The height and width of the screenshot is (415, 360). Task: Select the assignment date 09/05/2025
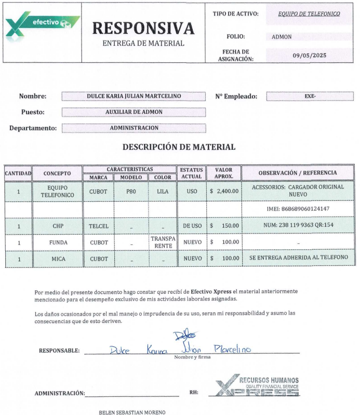tap(309, 55)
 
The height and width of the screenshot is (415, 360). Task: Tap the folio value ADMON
tap(282, 37)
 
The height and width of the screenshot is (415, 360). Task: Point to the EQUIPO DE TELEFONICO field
tap(309, 14)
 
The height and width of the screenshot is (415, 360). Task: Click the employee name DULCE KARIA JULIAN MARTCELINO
tap(134, 96)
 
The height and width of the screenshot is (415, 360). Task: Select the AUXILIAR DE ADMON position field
tap(134, 112)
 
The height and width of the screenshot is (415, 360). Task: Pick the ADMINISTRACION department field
tap(134, 128)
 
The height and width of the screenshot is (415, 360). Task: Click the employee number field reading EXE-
tap(310, 96)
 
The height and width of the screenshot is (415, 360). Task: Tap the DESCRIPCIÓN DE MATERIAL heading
tap(179, 147)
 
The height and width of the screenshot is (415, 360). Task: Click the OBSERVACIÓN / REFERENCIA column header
tap(298, 173)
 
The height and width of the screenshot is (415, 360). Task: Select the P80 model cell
tap(131, 191)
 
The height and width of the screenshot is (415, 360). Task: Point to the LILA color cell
tap(163, 191)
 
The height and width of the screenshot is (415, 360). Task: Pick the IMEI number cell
tap(298, 209)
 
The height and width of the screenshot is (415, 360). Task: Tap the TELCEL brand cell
tap(99, 226)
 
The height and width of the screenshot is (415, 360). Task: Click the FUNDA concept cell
tap(57, 242)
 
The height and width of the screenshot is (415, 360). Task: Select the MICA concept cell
tap(57, 258)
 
